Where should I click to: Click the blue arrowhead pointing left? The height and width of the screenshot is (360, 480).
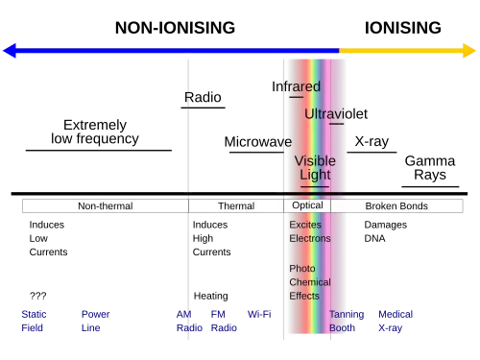pos(12,50)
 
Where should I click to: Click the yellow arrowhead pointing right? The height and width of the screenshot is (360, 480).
pos(468,50)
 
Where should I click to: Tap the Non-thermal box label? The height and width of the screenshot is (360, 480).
pos(104,206)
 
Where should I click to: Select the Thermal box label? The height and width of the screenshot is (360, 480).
pos(236,206)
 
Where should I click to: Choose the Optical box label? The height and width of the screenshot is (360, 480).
pos(307,206)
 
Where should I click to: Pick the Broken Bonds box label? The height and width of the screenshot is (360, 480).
pos(396,206)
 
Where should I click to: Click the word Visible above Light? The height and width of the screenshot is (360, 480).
pos(315,161)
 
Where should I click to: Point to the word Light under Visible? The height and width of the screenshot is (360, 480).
pos(315,176)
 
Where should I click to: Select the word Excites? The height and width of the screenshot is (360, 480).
pos(306,225)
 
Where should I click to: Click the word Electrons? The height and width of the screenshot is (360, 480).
pos(309,238)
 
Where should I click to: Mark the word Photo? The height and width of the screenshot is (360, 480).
pos(302,269)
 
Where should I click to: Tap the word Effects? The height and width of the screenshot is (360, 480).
pos(306,296)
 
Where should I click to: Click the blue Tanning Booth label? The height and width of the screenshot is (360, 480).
pos(347,321)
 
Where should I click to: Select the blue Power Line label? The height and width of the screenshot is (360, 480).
pos(95,321)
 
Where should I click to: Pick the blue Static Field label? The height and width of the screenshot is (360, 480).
pos(35,321)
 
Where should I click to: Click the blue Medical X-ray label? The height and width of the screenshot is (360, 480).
pos(396,321)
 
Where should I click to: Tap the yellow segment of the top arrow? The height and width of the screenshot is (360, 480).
pos(398,50)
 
